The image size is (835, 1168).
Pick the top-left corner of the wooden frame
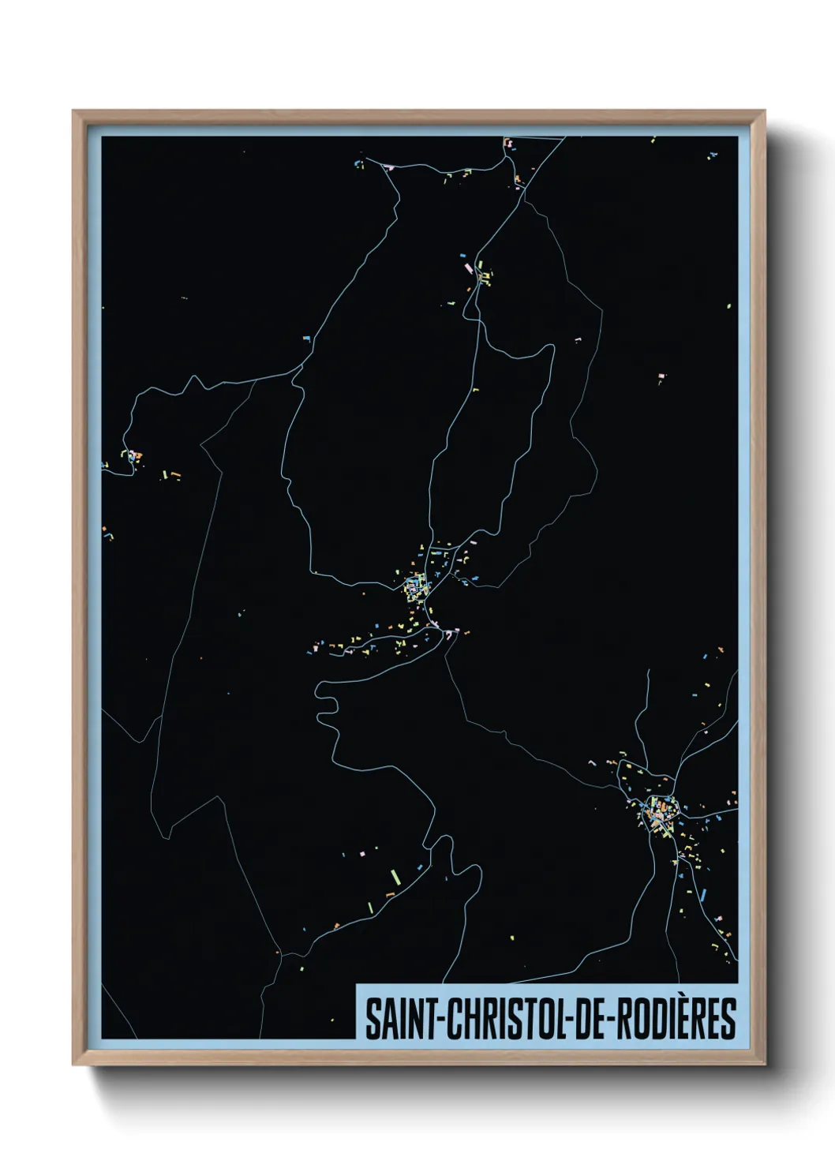[x=74, y=111]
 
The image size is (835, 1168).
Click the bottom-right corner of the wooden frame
[x=765, y=1065]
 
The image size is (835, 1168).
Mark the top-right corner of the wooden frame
[x=765, y=111]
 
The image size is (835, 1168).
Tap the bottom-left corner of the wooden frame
[x=74, y=1065]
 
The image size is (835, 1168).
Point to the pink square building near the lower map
[x=363, y=854]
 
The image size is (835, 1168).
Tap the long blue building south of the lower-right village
[x=702, y=895]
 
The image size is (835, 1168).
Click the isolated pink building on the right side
[x=661, y=376]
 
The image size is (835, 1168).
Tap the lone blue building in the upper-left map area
[x=306, y=338]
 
